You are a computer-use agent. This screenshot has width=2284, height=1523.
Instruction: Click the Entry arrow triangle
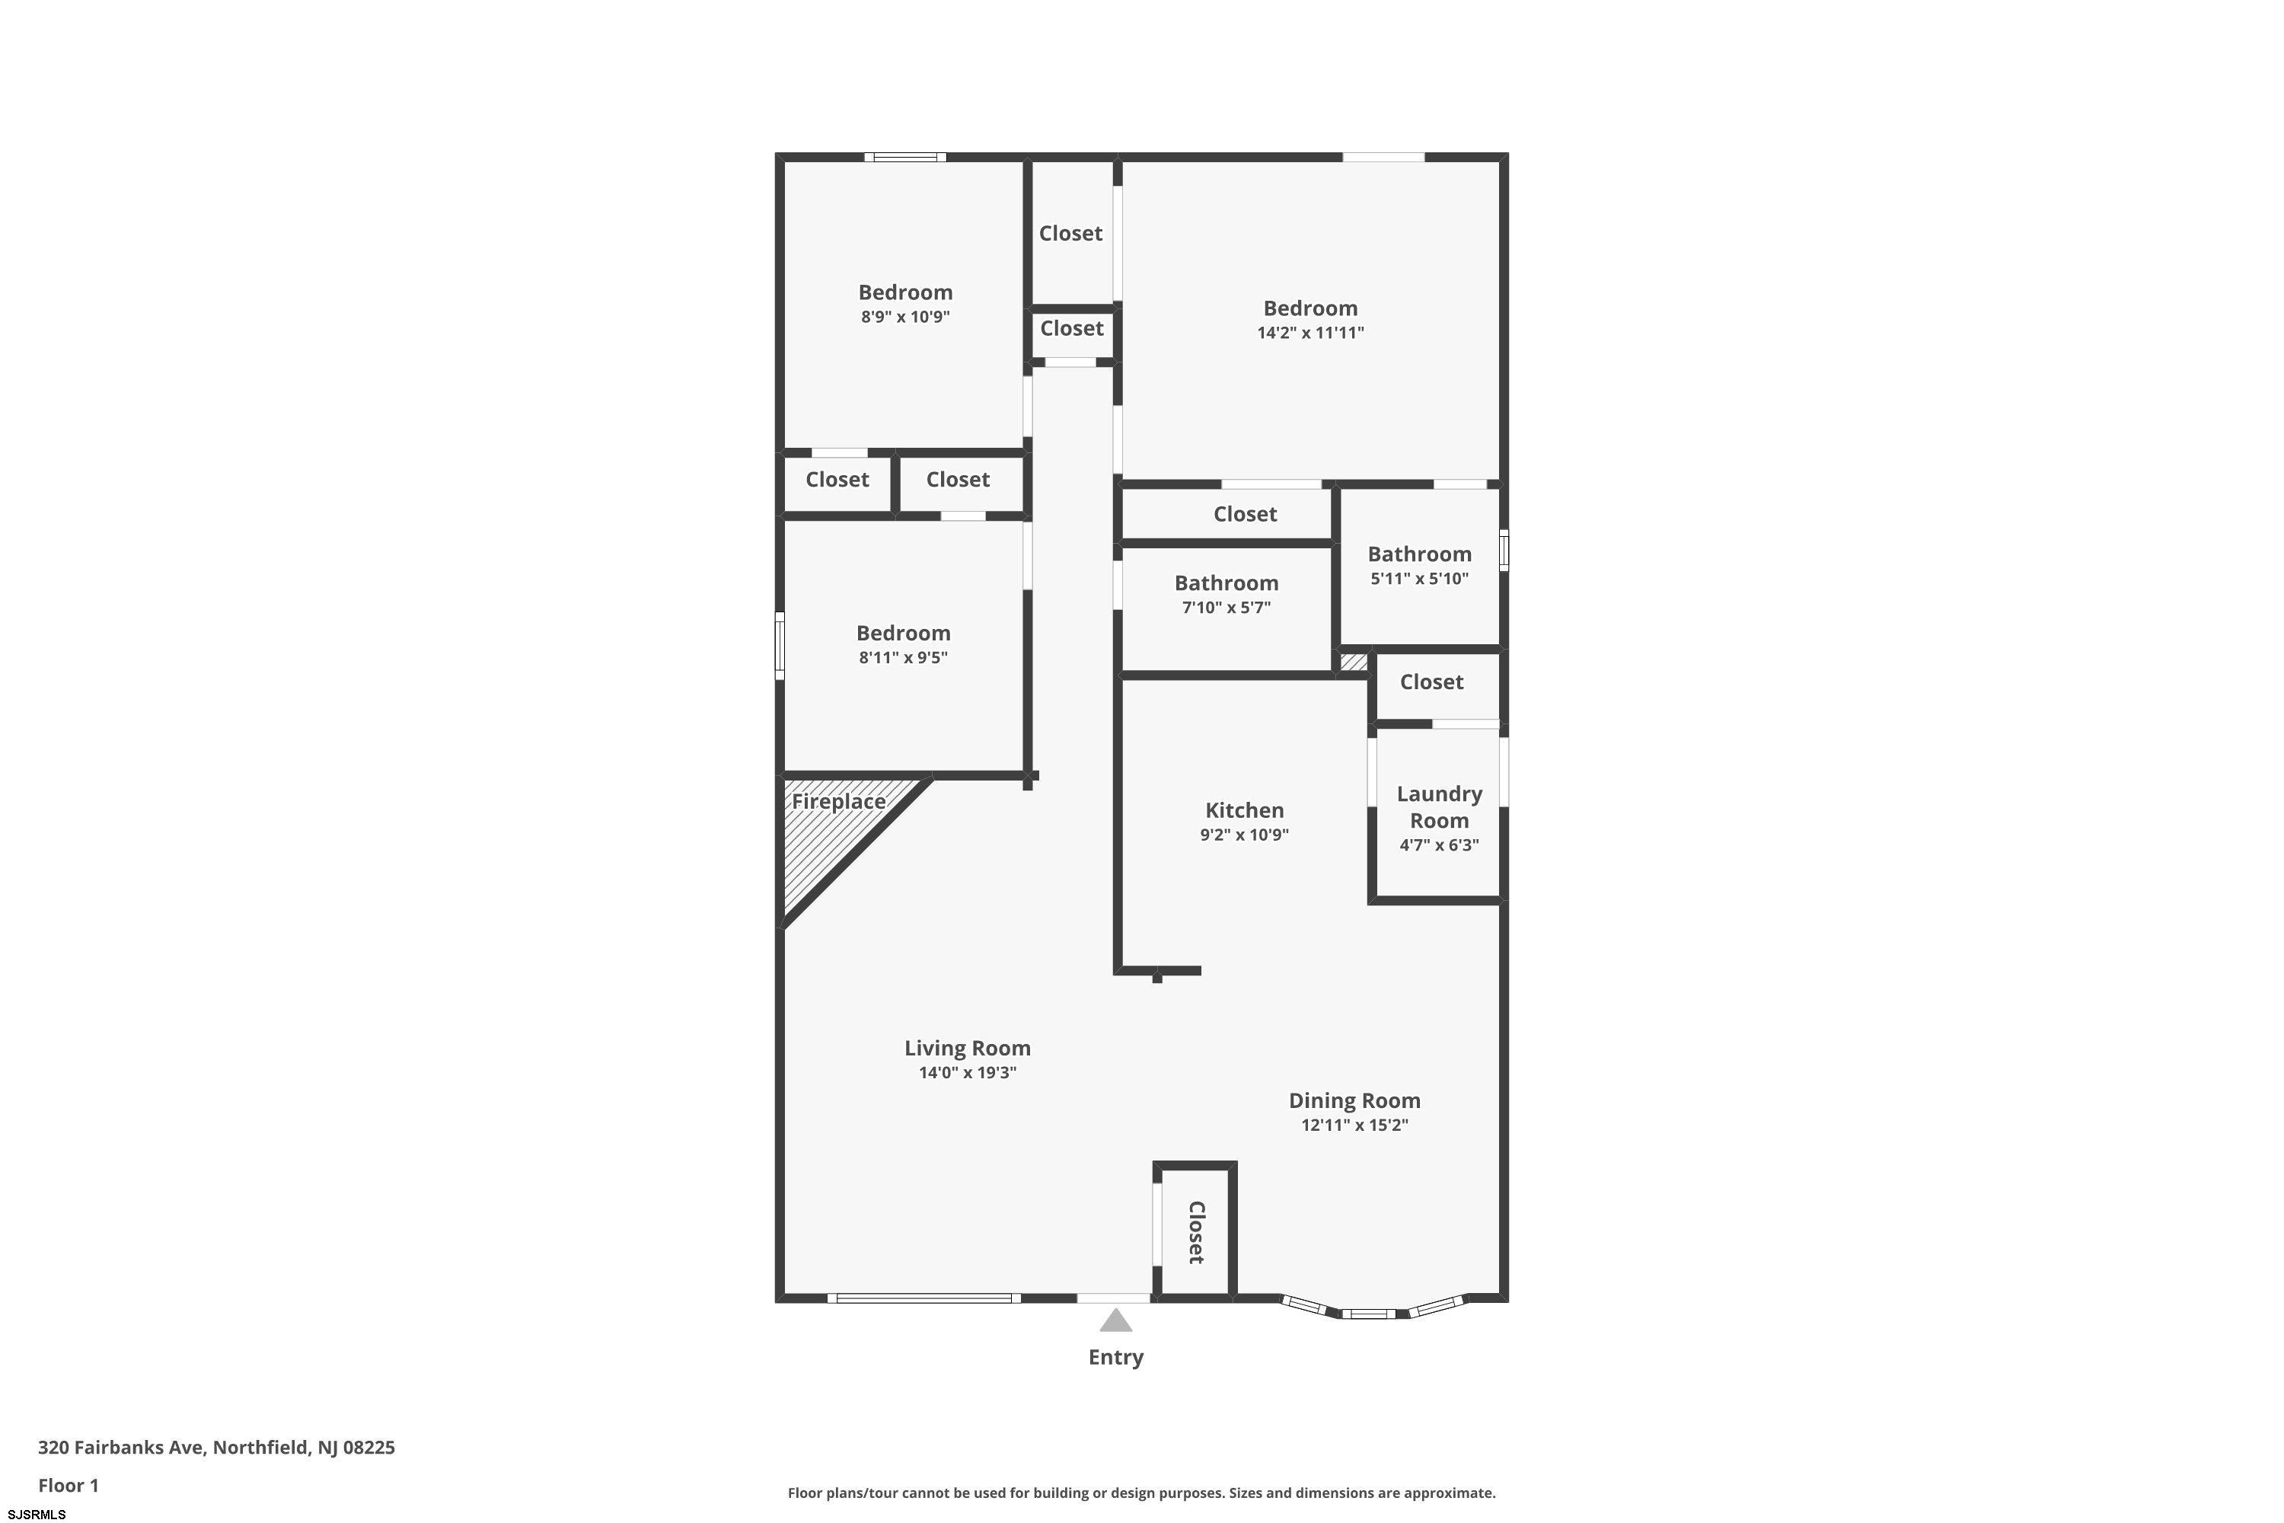[x=1116, y=1321]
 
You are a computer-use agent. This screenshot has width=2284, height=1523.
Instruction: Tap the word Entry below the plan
[x=1116, y=1358]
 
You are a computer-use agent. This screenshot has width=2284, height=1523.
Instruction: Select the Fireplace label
[x=838, y=801]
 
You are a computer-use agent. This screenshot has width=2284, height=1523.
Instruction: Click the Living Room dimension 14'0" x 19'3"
[x=967, y=1072]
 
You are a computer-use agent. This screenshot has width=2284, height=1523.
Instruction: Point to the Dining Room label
[x=1354, y=1100]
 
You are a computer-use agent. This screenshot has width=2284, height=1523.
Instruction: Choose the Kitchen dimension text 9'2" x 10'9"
[x=1244, y=835]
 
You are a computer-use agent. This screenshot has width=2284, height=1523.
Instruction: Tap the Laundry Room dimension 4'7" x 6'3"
[x=1439, y=845]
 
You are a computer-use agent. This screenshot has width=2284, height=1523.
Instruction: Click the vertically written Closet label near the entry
[x=1196, y=1233]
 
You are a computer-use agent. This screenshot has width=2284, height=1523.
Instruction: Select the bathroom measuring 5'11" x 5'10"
[x=1420, y=565]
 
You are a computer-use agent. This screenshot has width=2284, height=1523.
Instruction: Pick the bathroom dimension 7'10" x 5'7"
[x=1227, y=607]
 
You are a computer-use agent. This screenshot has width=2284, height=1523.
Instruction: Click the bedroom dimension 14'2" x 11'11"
[x=1311, y=332]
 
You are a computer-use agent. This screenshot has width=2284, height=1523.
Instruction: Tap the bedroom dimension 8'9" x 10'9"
[x=905, y=317]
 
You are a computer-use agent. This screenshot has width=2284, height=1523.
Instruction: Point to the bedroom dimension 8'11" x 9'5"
[x=903, y=658]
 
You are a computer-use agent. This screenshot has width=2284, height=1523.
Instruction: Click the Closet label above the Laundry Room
[x=1431, y=682]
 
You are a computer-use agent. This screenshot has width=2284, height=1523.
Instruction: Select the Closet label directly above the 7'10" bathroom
[x=1245, y=514]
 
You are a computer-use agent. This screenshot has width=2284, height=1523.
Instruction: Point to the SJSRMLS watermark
[x=37, y=1515]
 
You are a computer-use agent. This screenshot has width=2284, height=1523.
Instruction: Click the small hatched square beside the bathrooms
[x=1354, y=663]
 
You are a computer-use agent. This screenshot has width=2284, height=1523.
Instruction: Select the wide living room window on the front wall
[x=923, y=1298]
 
